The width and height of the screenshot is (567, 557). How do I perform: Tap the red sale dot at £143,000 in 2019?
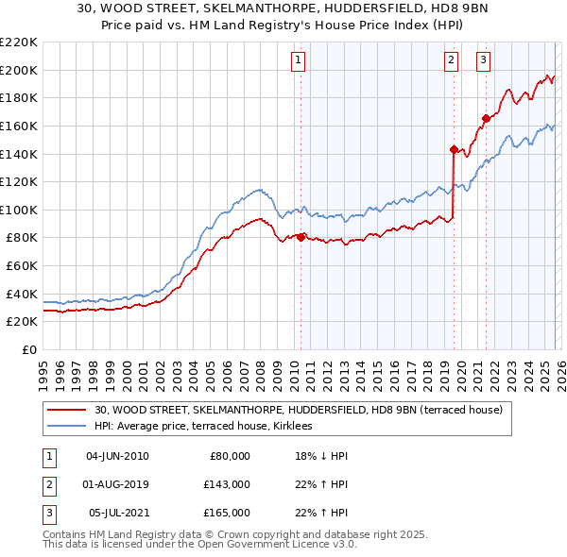[454, 149]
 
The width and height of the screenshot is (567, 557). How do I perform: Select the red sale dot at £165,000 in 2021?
[486, 118]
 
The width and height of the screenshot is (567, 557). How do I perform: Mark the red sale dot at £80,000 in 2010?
[301, 237]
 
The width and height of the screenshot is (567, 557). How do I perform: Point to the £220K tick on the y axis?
[19, 42]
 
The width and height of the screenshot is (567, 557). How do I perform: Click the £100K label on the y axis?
[19, 210]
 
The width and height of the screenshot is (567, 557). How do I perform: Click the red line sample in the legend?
[66, 411]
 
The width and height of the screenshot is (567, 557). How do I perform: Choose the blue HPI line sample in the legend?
[66, 427]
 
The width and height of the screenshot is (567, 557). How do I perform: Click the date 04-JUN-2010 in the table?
[117, 456]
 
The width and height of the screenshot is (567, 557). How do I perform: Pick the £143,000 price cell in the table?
[227, 484]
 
